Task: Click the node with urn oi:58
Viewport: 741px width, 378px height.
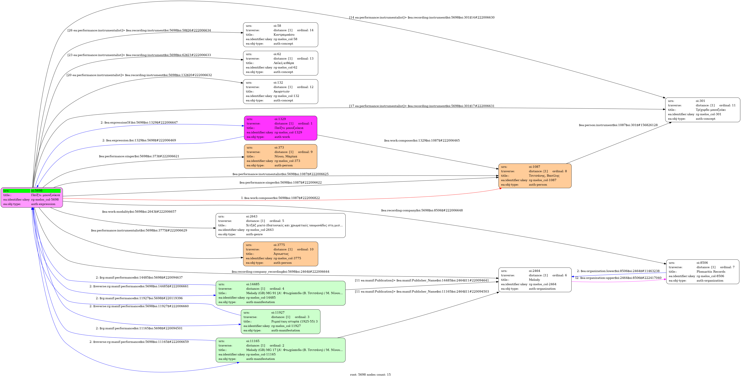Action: (280, 35)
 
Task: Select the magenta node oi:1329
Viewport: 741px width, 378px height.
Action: (280, 128)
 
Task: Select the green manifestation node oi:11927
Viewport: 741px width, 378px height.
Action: (280, 321)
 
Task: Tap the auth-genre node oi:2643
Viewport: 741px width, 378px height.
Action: (280, 225)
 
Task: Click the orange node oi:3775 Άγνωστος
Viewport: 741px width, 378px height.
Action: (280, 254)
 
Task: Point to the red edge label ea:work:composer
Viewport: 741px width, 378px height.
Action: (280, 198)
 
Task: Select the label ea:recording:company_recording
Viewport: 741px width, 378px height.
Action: (280, 272)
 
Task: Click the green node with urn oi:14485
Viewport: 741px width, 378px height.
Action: (280, 293)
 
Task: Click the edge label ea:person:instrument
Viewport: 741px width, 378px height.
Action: (618, 125)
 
